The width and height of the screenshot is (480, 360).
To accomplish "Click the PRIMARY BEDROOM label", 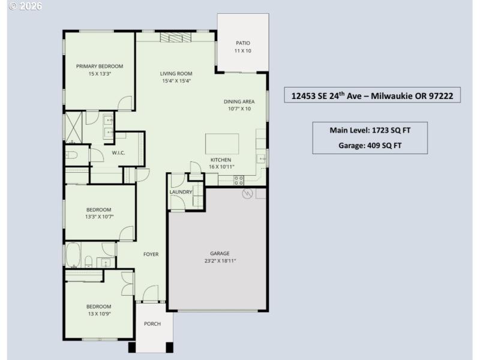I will [x=100, y=66].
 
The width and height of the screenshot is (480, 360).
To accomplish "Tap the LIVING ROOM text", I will [x=176, y=73].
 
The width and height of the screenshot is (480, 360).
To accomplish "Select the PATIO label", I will [x=242, y=43].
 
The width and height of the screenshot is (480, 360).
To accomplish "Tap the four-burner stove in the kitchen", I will [x=238, y=179].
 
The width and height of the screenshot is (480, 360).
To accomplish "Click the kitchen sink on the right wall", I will [x=262, y=158].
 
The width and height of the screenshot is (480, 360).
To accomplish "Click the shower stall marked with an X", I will [x=74, y=127].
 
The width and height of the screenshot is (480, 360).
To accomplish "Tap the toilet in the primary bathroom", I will [x=71, y=155].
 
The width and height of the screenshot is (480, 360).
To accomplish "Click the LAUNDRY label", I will [x=181, y=192].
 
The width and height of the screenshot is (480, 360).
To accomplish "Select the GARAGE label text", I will [x=220, y=253].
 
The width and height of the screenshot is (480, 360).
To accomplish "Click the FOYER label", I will [x=151, y=254].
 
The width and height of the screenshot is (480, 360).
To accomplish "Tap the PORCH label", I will [x=152, y=324].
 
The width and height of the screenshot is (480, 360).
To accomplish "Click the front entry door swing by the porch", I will [x=150, y=294].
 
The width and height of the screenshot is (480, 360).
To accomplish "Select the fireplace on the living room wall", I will [x=175, y=38].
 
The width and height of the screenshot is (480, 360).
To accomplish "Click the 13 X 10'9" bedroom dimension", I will [x=99, y=313].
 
